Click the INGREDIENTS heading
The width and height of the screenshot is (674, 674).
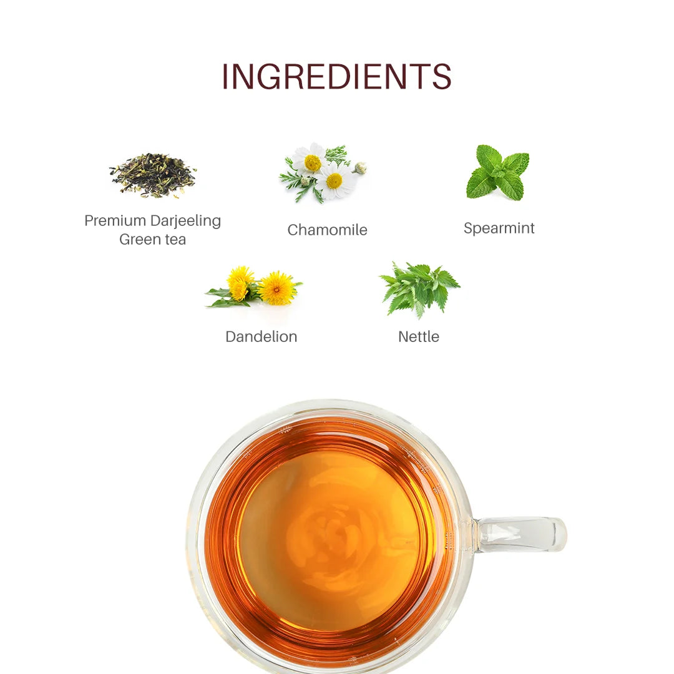click(x=336, y=77)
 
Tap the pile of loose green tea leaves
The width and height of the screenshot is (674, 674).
click(x=153, y=175)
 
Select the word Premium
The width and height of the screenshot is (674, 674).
click(x=115, y=220)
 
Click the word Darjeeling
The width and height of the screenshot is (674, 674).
click(x=186, y=222)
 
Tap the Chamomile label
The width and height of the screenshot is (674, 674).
click(x=328, y=230)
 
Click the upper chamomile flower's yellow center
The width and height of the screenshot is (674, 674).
click(x=313, y=162)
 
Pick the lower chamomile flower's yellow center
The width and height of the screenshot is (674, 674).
click(x=334, y=181)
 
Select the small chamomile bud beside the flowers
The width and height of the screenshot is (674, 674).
click(x=361, y=168)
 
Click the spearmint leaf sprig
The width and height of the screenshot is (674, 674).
click(x=498, y=173)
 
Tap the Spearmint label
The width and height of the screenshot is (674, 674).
click(x=499, y=228)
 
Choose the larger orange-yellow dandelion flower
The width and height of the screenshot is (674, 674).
click(x=277, y=288)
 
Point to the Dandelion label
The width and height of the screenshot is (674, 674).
click(x=261, y=336)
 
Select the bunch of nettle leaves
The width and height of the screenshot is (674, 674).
click(x=419, y=290)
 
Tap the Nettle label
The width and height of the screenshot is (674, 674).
click(x=419, y=336)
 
